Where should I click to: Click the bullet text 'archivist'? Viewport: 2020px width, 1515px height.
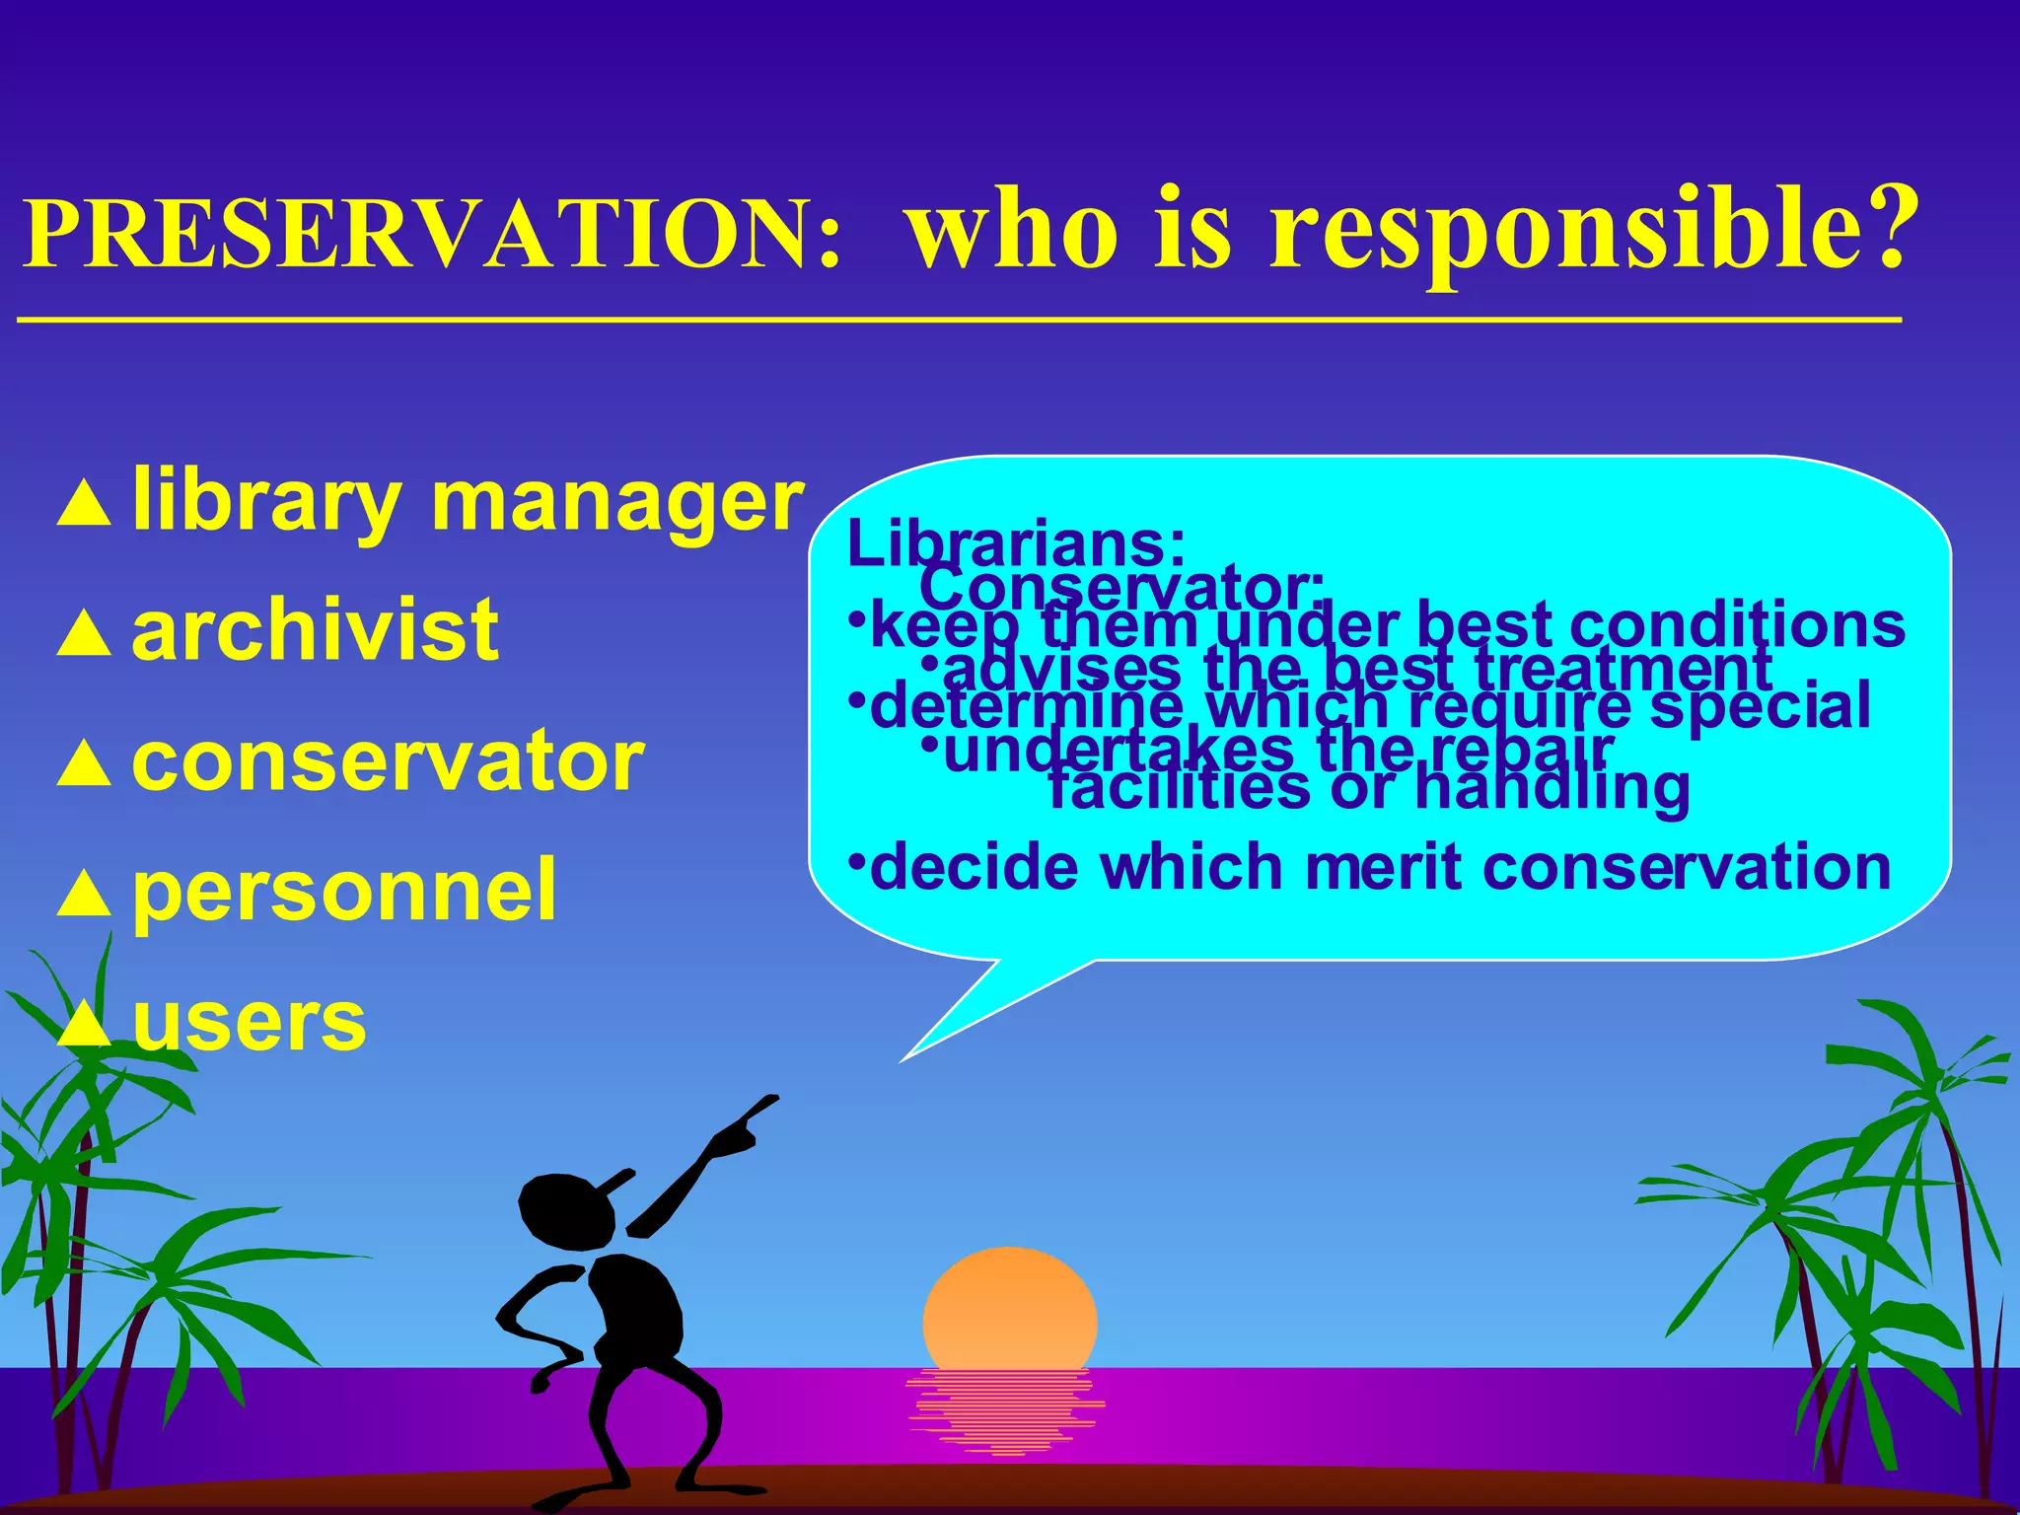pos(315,631)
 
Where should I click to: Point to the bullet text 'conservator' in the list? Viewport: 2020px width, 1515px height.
pos(388,761)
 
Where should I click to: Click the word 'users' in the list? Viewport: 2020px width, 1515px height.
pos(249,1022)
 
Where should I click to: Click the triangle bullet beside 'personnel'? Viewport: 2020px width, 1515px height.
pos(84,894)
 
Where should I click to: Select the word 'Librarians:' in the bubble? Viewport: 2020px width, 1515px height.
pos(1016,542)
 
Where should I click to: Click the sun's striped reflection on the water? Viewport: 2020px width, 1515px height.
pos(1004,1410)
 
